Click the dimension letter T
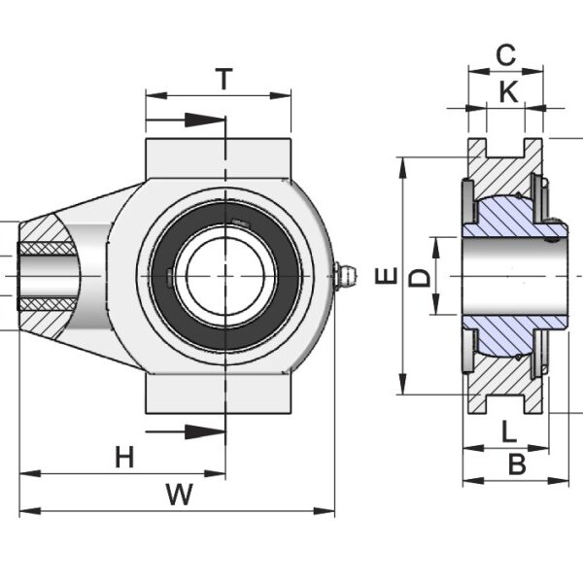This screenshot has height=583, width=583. click(x=224, y=79)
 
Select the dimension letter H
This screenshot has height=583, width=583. click(x=124, y=457)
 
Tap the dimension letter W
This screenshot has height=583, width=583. click(x=178, y=495)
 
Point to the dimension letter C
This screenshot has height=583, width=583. click(x=505, y=55)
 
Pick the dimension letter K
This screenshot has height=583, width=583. click(x=508, y=91)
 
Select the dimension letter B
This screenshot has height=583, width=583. click(x=517, y=464)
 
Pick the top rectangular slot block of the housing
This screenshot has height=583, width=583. click(x=219, y=155)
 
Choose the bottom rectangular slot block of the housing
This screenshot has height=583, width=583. click(x=219, y=394)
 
